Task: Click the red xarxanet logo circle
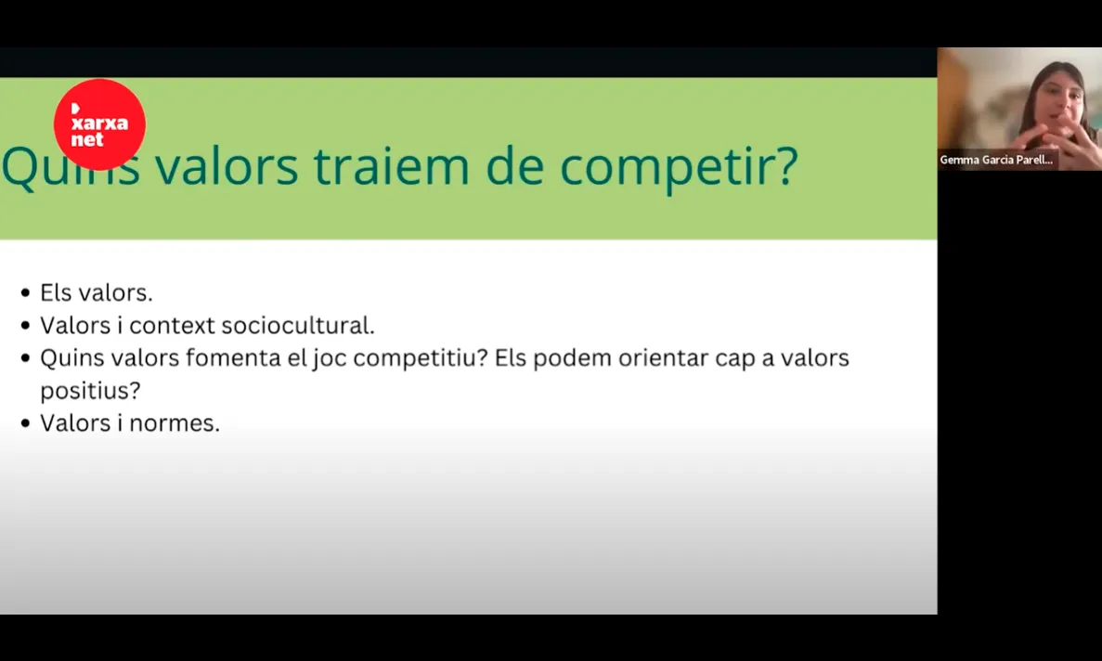click(x=99, y=124)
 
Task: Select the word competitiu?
click(x=421, y=359)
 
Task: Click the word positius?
click(x=90, y=391)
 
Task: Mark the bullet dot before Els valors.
click(x=25, y=293)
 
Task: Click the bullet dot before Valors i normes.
click(x=25, y=424)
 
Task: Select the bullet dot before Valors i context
click(x=25, y=326)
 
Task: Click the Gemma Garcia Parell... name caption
click(x=996, y=160)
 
